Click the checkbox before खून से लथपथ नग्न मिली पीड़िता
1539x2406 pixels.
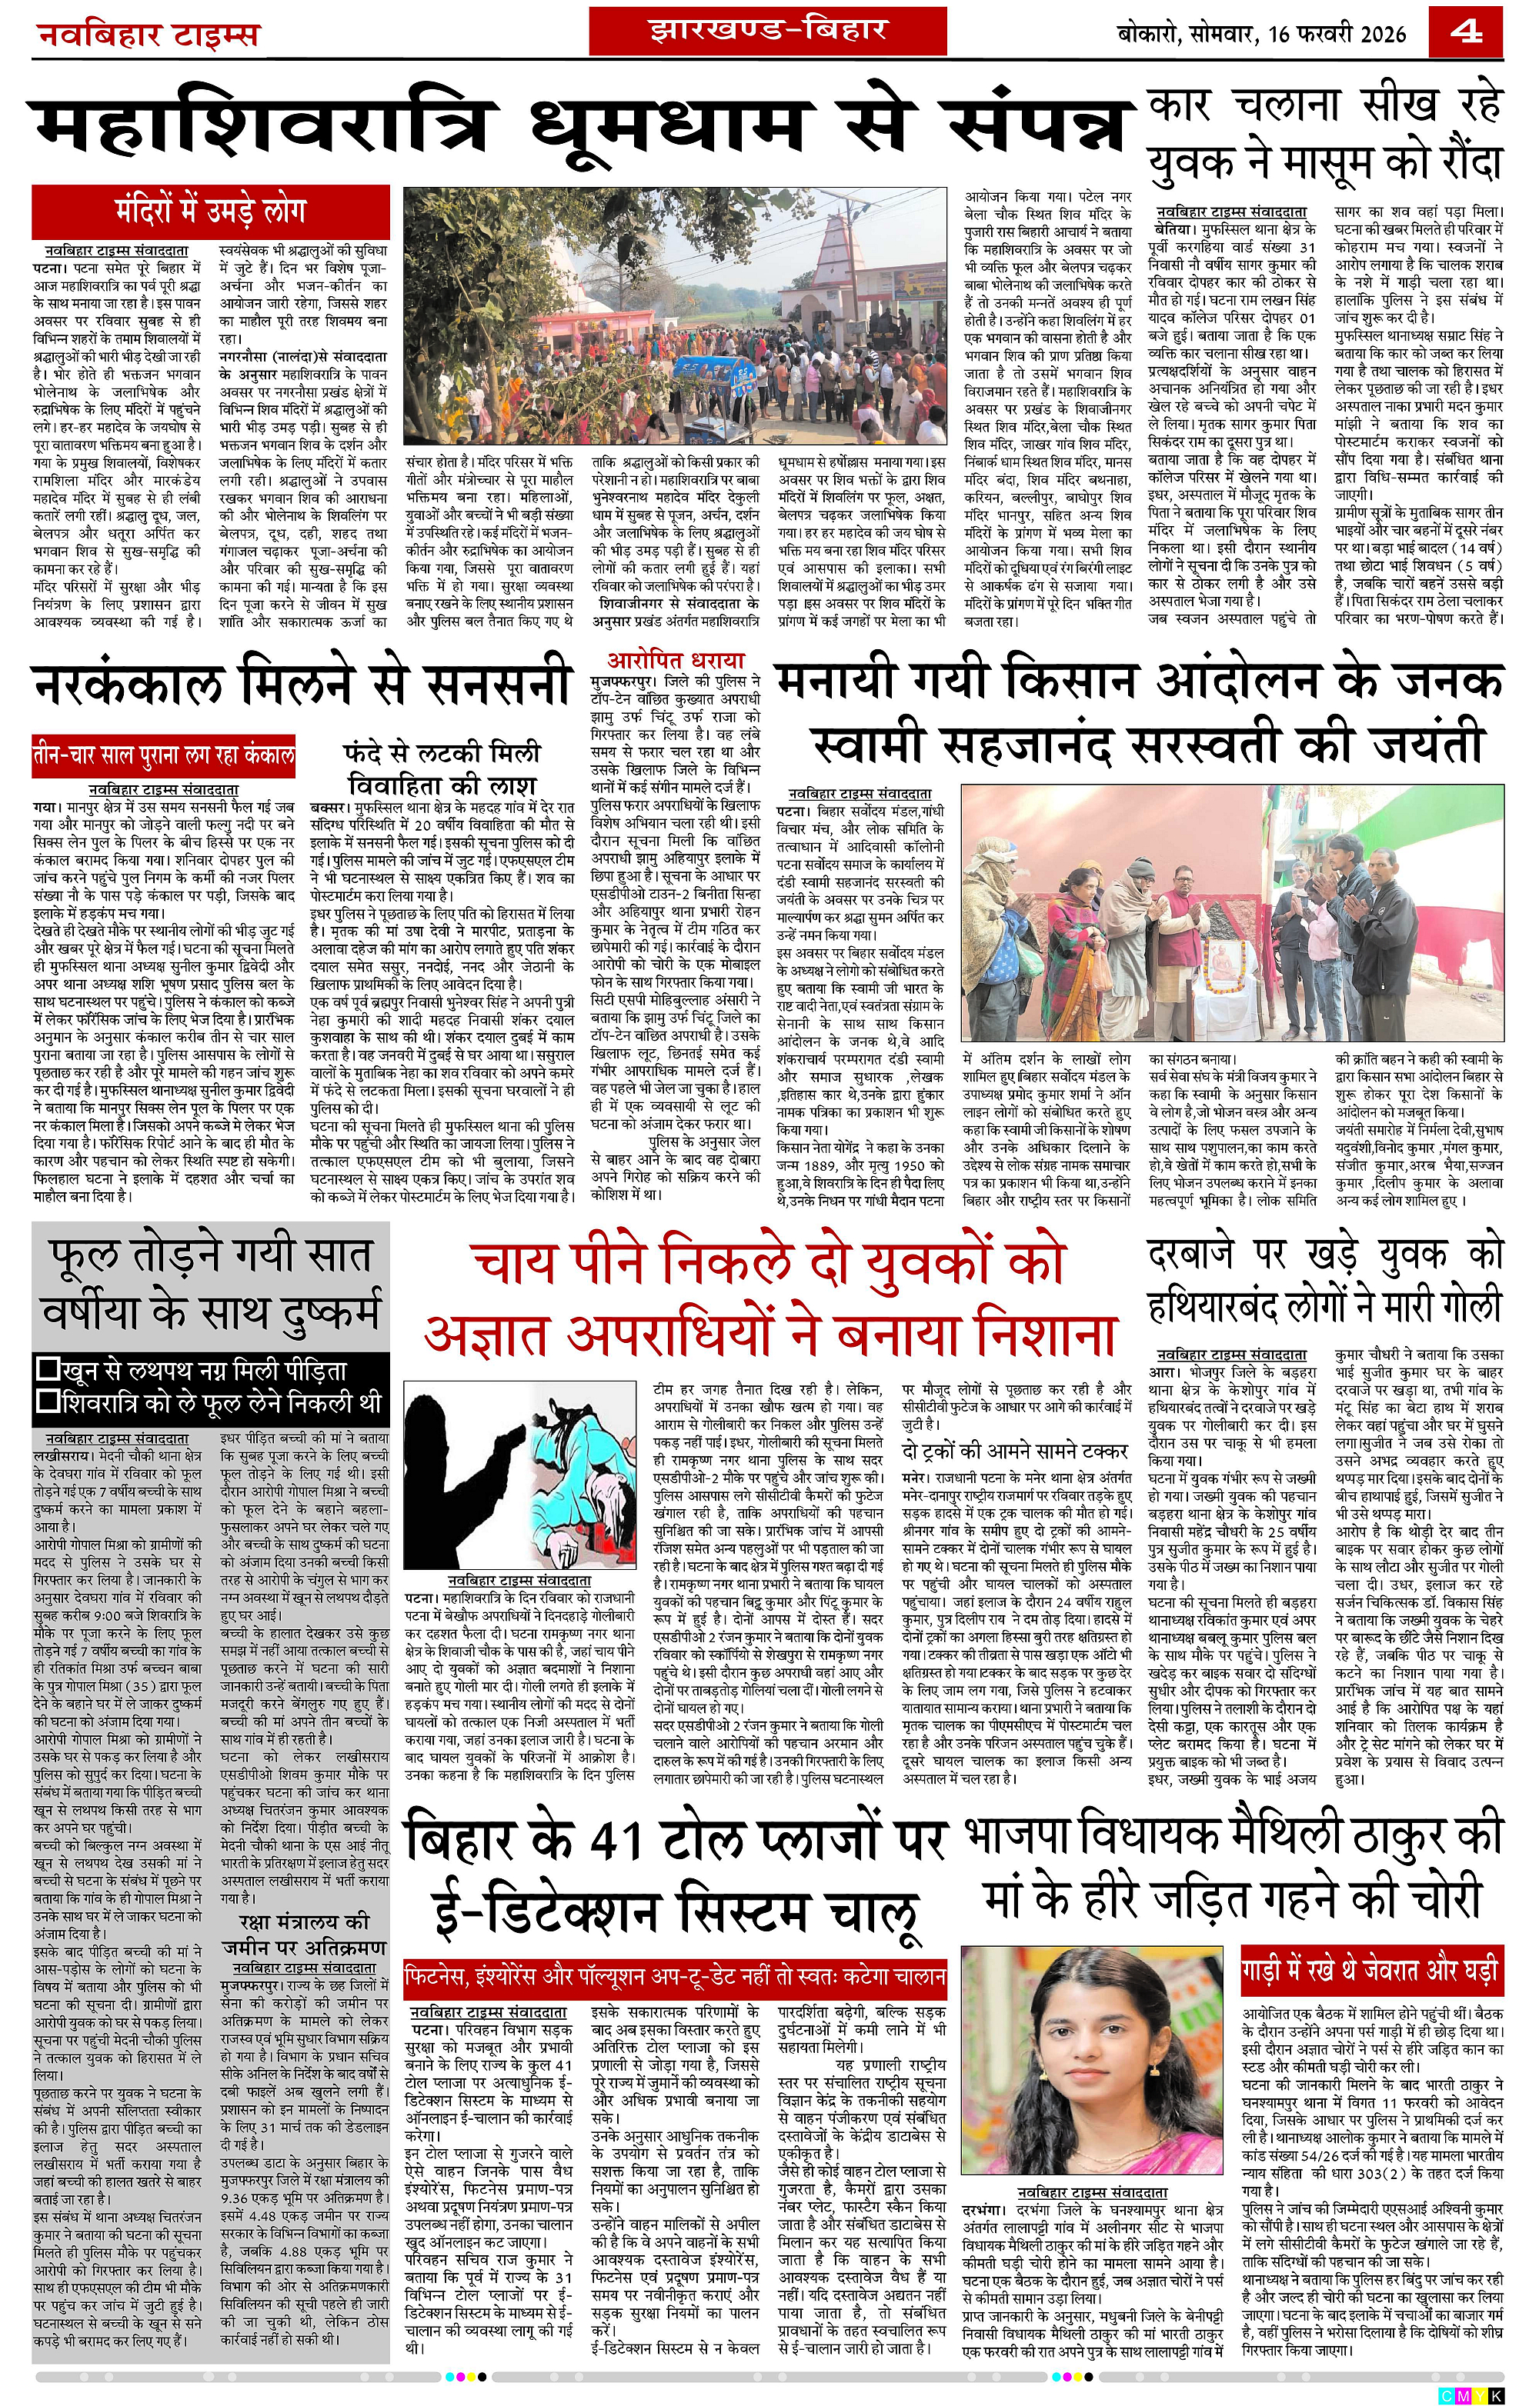pos(47,1369)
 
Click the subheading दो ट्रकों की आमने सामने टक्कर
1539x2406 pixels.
pos(1015,1450)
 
